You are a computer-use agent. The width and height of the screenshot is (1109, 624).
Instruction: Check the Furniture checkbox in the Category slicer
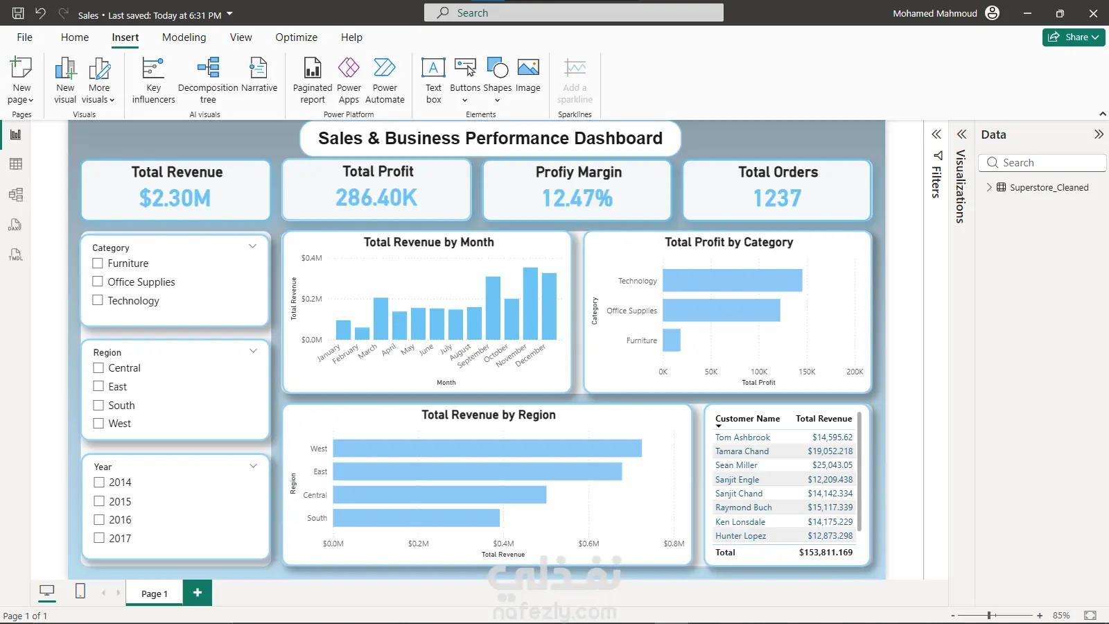(x=98, y=263)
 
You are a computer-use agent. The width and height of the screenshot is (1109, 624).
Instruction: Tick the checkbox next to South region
(x=98, y=406)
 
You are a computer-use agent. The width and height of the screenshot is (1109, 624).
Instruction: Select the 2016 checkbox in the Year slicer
(x=99, y=520)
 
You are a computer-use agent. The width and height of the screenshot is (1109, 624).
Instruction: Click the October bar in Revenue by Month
(x=512, y=319)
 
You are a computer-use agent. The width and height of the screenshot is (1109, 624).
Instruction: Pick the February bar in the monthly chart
(x=362, y=333)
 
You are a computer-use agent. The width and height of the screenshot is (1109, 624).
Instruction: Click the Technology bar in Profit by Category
(x=732, y=281)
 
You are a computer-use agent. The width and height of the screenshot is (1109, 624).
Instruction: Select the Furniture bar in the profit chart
(x=672, y=340)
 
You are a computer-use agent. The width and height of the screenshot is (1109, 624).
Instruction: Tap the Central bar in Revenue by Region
(x=439, y=495)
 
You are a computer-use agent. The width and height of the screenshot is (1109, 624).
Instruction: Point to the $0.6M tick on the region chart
(x=588, y=544)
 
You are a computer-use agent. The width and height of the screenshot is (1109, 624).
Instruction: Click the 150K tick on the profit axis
(x=807, y=372)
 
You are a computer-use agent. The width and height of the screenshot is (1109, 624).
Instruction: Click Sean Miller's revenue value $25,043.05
(x=832, y=465)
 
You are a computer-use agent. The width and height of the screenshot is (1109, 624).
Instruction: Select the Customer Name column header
(x=747, y=419)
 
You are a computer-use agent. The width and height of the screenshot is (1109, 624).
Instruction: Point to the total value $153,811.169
(x=826, y=553)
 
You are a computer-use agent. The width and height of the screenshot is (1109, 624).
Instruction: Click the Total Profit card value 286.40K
(x=376, y=198)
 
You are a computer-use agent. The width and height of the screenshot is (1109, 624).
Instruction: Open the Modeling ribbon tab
(x=184, y=37)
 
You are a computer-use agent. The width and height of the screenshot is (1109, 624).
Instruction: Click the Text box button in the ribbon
(x=433, y=80)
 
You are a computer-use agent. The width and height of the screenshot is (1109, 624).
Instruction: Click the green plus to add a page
(x=198, y=593)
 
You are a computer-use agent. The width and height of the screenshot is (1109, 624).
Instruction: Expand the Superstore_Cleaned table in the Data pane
(x=989, y=187)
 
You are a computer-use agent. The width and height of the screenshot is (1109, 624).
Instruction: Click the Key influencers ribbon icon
(x=153, y=80)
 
